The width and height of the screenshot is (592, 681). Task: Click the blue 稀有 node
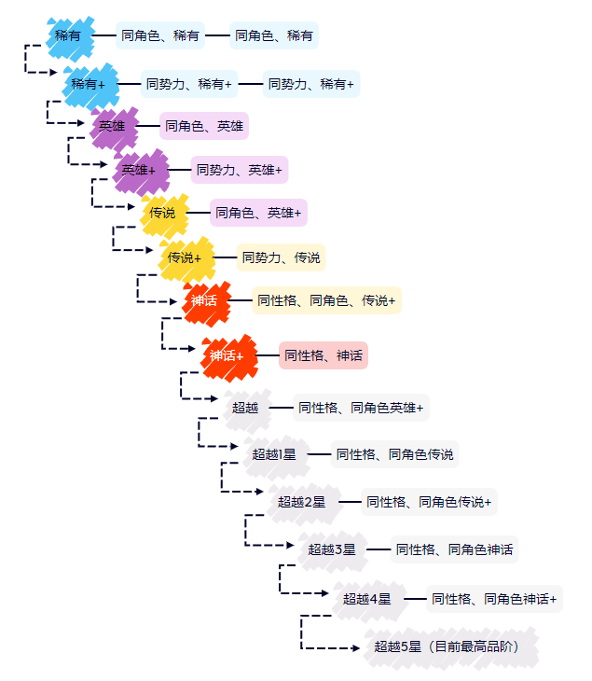pos(68,35)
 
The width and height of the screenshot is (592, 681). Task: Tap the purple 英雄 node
pos(112,126)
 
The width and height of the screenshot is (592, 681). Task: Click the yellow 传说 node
pos(162,213)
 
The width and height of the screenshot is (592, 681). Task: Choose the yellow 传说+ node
pos(185,257)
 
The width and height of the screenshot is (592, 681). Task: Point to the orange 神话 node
pos(204,300)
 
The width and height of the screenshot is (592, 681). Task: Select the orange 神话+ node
pos(227,355)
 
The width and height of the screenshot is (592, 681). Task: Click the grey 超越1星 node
pos(274,454)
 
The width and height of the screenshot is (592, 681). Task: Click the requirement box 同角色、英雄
pos(204,126)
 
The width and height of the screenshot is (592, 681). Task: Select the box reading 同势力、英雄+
pos(240,170)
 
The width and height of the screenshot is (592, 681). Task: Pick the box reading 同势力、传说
pos(281,257)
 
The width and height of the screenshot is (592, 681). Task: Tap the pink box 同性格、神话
pos(324,355)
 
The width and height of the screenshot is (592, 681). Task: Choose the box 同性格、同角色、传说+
pos(326,300)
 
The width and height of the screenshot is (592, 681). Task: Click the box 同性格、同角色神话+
pos(494,599)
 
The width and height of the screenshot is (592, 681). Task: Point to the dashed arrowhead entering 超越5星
pos(359,647)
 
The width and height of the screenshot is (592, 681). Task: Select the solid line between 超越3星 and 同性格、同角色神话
pos(378,550)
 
